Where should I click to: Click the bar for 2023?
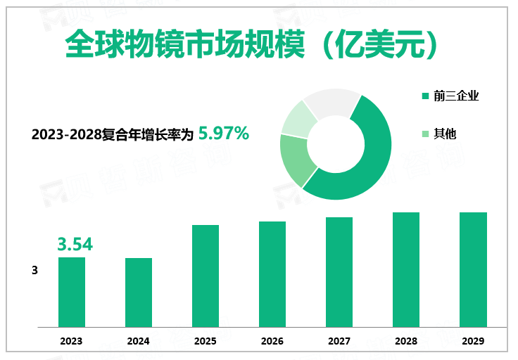click(71, 292)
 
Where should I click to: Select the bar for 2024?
click(139, 292)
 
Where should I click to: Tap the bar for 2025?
click(206, 276)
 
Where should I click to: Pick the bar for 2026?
click(272, 274)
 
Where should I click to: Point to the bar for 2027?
click(339, 271)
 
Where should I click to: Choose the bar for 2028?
click(406, 269)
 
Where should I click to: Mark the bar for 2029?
click(473, 269)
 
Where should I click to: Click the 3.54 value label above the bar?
click(75, 245)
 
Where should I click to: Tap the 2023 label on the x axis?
click(71, 341)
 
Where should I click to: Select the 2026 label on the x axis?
click(272, 341)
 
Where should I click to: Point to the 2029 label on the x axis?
click(473, 341)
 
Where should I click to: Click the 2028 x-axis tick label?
click(406, 341)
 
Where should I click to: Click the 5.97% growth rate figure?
click(224, 132)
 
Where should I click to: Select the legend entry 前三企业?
click(456, 96)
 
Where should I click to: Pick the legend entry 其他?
click(445, 134)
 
